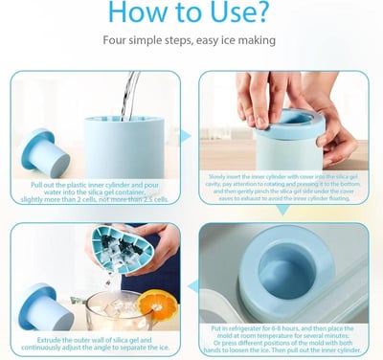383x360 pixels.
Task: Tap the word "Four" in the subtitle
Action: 116,43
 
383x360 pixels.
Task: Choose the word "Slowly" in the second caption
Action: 218,176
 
